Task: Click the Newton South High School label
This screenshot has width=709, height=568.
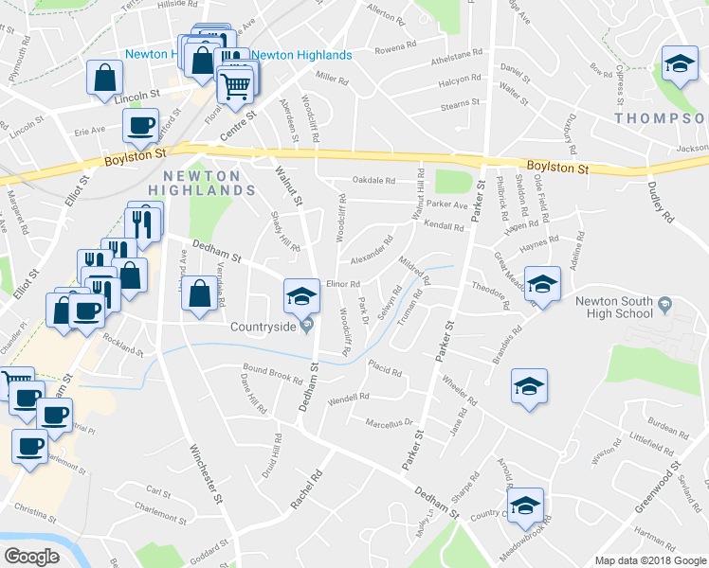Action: tap(613, 308)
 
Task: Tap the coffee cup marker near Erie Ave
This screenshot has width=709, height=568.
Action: tap(140, 125)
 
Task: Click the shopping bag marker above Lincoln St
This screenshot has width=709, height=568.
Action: tap(105, 78)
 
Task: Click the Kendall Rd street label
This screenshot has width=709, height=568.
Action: tap(445, 227)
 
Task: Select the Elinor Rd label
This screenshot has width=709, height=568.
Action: tap(343, 283)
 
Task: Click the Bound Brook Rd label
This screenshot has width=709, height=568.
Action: tap(272, 371)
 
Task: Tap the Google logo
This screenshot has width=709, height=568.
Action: tap(31, 557)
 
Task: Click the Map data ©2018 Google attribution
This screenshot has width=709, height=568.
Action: tap(650, 560)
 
